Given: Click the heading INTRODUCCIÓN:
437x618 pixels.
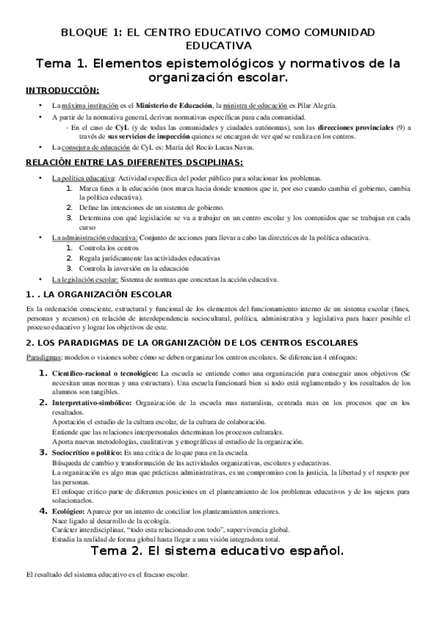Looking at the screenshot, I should [x=62, y=90].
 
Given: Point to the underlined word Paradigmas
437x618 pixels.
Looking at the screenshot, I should [x=43, y=359].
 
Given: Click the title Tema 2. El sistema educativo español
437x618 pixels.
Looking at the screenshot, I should [x=218, y=552].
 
